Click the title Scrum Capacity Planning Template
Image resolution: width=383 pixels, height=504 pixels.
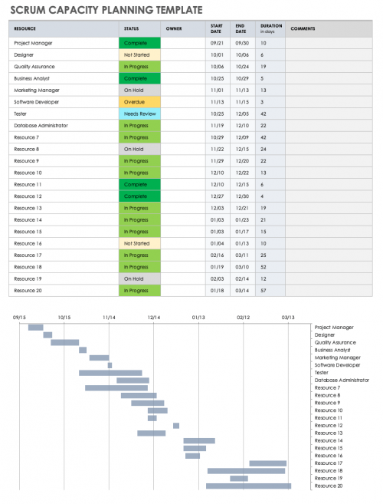tap(106, 10)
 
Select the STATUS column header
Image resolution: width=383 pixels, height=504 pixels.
tap(131, 28)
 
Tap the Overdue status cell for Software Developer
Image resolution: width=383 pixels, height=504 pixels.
tap(139, 102)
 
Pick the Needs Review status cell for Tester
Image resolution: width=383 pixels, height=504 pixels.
tap(139, 114)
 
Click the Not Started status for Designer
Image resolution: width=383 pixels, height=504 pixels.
tap(139, 55)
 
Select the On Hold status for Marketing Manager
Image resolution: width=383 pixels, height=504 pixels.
tap(139, 90)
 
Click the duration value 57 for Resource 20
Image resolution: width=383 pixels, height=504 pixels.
tap(264, 290)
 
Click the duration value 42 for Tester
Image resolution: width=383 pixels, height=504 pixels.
tap(264, 114)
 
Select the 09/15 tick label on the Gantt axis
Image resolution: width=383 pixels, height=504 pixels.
tap(21, 316)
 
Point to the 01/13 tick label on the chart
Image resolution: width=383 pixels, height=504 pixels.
tap(198, 316)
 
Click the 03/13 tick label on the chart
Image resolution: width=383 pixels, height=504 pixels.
tap(287, 316)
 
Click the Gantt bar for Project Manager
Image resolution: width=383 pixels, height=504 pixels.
tap(36, 328)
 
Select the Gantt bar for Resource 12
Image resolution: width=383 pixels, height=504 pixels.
tap(176, 426)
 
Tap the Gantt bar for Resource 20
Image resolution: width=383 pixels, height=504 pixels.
tap(248, 486)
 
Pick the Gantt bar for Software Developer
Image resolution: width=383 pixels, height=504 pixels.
tap(110, 365)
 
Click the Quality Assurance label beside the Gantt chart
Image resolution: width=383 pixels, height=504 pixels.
tap(335, 342)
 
